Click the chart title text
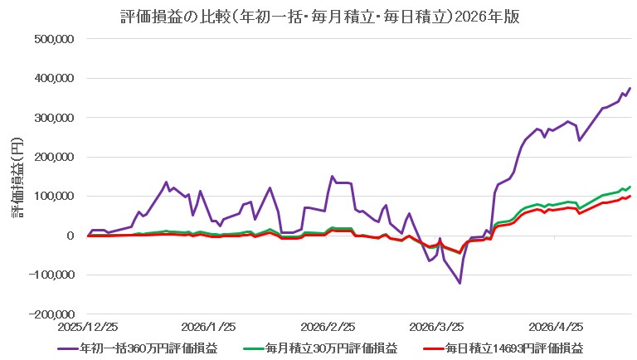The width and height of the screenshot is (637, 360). pos(320,17)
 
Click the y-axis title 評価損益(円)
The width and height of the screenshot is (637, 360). pos(17,178)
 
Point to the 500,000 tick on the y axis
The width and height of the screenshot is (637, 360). pos(55,39)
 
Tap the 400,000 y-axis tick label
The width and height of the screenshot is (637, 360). pos(55,78)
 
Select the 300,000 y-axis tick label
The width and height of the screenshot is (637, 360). pos(55,118)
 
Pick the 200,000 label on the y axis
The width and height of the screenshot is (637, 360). pos(55,157)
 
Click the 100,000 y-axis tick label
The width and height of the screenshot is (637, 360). pos(55,197)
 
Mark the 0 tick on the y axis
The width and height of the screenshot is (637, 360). pos(71,236)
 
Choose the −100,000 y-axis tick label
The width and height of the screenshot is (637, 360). pos(51,275)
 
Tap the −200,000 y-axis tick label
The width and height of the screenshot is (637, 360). pos(51,314)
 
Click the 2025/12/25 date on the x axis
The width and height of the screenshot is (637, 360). pos(88,327)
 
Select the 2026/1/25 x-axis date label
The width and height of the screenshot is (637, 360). pos(208,327)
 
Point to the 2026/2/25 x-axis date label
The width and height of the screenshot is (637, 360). pos(328,327)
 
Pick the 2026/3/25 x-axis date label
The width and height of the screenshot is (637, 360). pos(437,327)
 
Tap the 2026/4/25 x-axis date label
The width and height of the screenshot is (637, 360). pos(557,327)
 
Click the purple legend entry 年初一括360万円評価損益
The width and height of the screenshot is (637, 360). pos(138,348)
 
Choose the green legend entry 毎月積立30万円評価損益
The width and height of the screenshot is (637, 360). pos(320,348)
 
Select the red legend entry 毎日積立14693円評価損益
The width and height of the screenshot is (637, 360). pos(503,348)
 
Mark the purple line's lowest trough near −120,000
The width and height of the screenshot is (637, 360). pos(460,283)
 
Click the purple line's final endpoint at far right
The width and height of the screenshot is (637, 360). pos(630,88)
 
